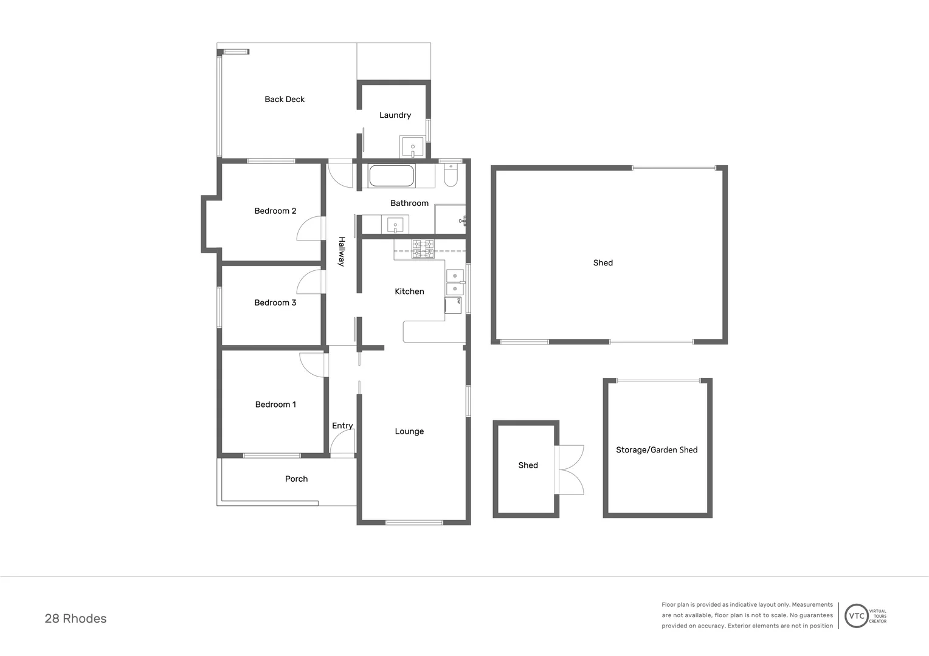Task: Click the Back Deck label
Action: click(x=285, y=99)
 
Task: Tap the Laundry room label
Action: click(x=395, y=115)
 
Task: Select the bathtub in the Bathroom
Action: click(x=392, y=176)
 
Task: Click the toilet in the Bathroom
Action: click(x=451, y=175)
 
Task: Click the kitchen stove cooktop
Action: click(x=423, y=248)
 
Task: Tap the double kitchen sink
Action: click(x=455, y=282)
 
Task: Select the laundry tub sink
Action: click(x=412, y=147)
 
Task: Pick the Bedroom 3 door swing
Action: click(x=310, y=281)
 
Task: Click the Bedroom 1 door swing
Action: click(x=312, y=364)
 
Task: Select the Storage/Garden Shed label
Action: click(x=657, y=449)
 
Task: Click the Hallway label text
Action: click(x=342, y=251)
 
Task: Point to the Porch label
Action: click(x=296, y=479)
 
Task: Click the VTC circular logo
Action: click(x=856, y=616)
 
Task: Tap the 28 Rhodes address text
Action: click(x=75, y=618)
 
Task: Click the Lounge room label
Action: click(x=409, y=431)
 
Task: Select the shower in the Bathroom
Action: click(x=451, y=219)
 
